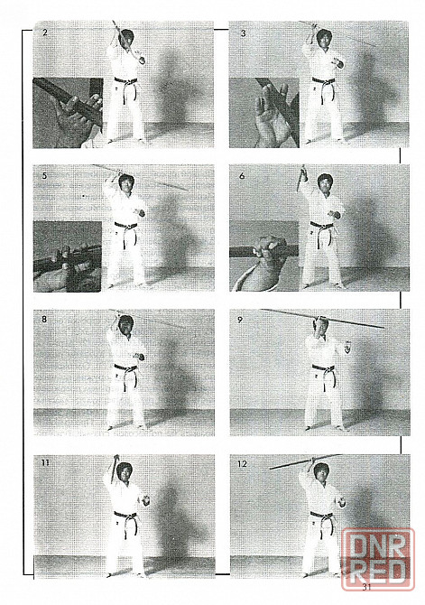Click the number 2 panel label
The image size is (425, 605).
[x=45, y=33]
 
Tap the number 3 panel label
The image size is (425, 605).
[x=243, y=33]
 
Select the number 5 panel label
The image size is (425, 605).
[x=45, y=176]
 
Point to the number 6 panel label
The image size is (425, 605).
[x=242, y=176]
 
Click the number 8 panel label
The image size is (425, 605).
[x=45, y=320]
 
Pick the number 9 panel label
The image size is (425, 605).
[x=240, y=320]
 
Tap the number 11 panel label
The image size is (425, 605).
[x=45, y=462]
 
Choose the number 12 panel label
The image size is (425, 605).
[x=242, y=464]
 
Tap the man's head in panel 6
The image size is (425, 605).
[x=325, y=183]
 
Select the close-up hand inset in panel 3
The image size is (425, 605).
[x=264, y=113]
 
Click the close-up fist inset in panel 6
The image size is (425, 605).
[x=264, y=256]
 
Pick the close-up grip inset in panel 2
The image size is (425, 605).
[x=68, y=113]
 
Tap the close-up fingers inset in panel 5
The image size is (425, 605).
[x=68, y=256]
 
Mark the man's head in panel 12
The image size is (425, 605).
[x=320, y=472]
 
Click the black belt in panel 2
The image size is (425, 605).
[x=126, y=86]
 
